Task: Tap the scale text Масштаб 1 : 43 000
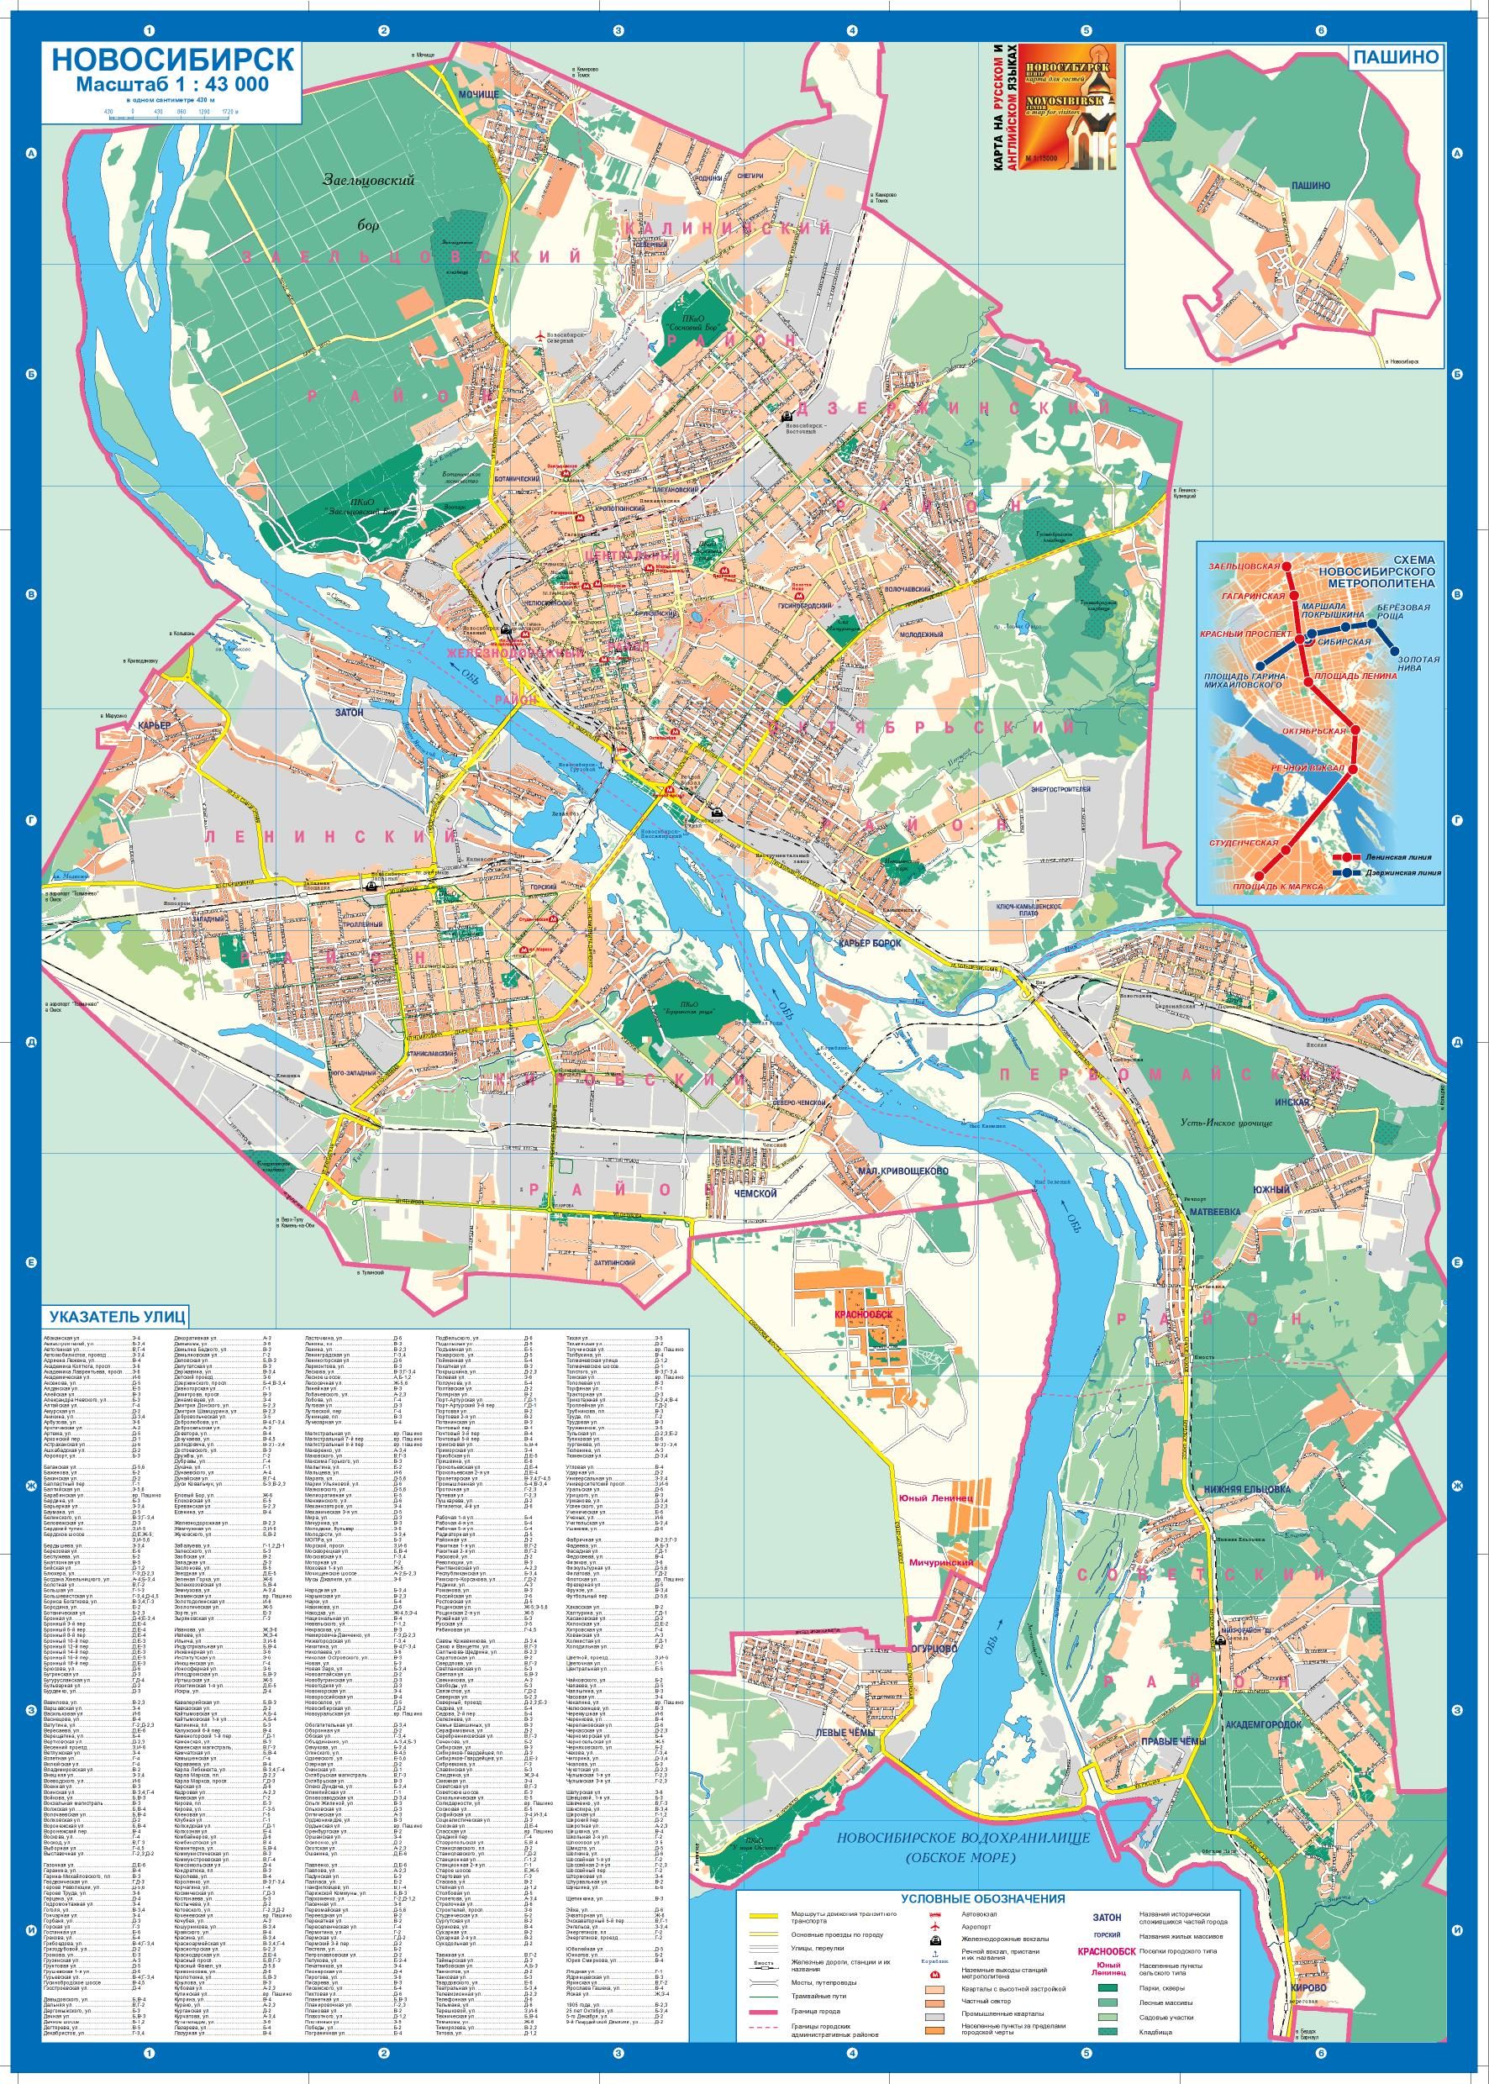pos(171,84)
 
